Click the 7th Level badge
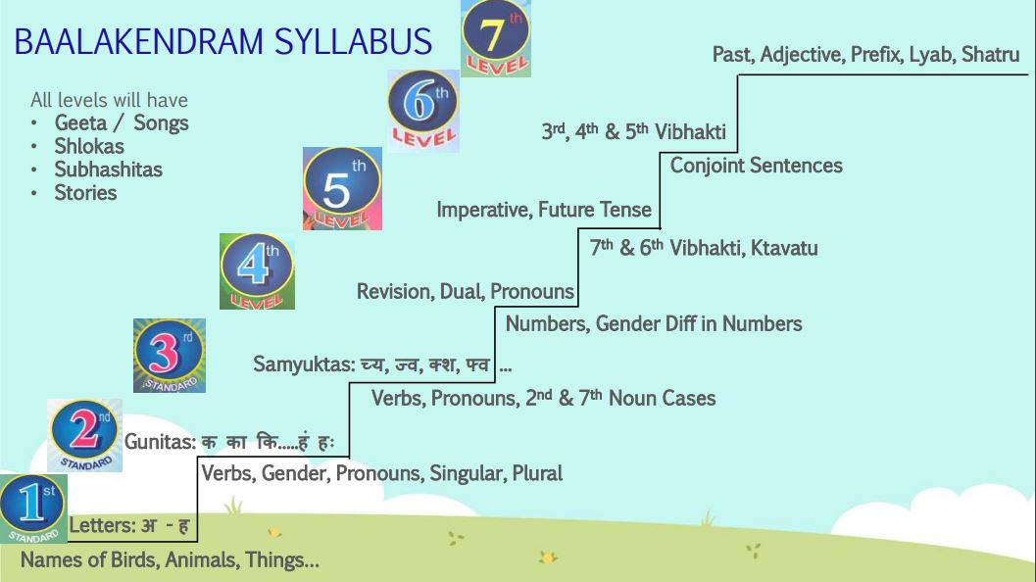pos(496,38)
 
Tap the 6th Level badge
pos(422,111)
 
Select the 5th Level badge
pos(342,188)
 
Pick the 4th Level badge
pos(257,270)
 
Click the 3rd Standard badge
pos(170,356)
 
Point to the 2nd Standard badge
pos(84,435)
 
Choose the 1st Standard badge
pos(33,508)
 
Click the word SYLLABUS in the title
pos(353,41)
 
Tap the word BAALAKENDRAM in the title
pos(139,41)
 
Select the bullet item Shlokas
pos(89,146)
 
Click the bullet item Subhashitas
pos(109,170)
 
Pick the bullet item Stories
pos(85,192)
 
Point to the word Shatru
pos(990,54)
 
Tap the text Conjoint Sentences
pos(757,166)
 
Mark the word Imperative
pos(484,210)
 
